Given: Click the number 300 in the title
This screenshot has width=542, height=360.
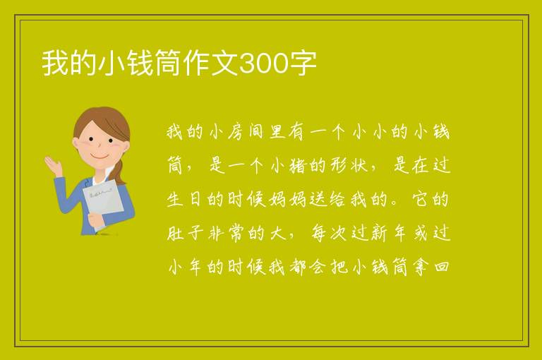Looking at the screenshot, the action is (263, 64).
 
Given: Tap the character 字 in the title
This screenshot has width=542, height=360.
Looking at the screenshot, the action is (303, 64).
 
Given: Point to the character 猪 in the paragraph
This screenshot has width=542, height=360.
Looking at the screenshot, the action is (297, 165).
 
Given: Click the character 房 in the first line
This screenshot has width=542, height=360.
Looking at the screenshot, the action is (236, 132).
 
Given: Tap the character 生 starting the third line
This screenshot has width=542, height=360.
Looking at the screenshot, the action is (175, 199).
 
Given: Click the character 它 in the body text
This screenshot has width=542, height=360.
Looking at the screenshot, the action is (421, 199).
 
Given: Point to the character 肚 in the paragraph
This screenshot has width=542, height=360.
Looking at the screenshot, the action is (175, 233).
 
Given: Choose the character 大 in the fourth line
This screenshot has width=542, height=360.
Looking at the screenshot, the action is (277, 233).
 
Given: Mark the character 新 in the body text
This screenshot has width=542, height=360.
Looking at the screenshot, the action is (380, 233).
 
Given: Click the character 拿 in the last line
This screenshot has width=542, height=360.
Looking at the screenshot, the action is (421, 267).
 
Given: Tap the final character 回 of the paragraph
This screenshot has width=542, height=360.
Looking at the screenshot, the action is (441, 267).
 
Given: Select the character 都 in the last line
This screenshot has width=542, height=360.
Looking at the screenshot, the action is (297, 267).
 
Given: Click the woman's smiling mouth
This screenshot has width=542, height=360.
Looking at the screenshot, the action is (100, 157).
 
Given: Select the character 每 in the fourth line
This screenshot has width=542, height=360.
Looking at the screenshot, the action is (318, 233).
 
